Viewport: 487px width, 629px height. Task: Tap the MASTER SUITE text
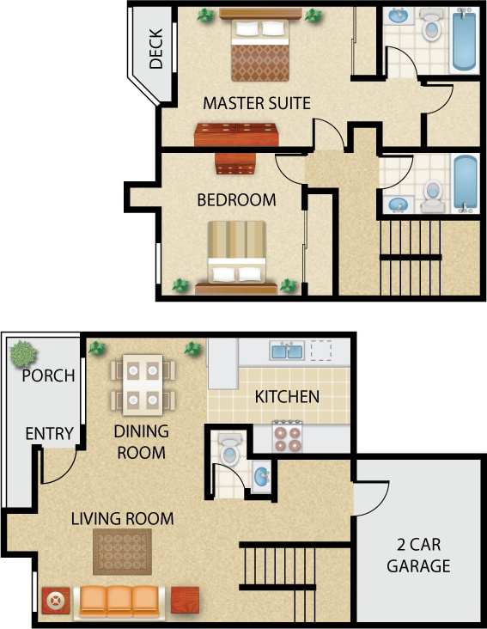(x=256, y=103)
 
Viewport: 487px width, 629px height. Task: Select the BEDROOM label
(x=236, y=200)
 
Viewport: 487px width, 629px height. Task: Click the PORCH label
(x=48, y=376)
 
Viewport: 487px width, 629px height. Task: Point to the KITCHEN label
(x=288, y=397)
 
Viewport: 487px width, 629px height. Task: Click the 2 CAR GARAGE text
(x=418, y=555)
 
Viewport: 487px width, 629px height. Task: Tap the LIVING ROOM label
(x=122, y=519)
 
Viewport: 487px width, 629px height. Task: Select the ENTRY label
(x=49, y=434)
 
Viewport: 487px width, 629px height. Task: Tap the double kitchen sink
(x=286, y=351)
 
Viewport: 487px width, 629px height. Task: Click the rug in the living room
(x=122, y=552)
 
